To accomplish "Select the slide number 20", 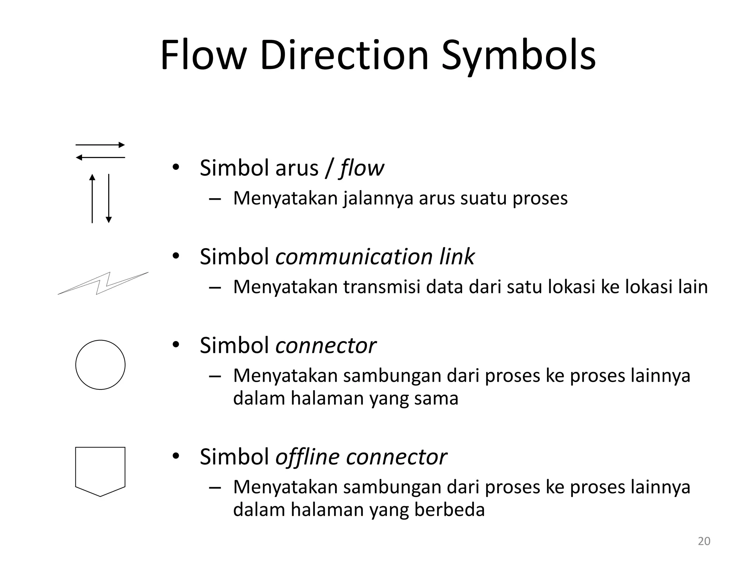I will click(x=704, y=541).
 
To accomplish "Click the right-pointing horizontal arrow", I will click(x=100, y=145).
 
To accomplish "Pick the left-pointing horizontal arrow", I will click(x=100, y=158).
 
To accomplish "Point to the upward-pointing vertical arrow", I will click(x=92, y=199).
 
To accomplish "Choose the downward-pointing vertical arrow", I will click(x=109, y=199).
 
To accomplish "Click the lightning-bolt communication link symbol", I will click(x=103, y=283).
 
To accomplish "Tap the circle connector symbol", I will click(x=100, y=365).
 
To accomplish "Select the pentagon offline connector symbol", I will click(x=100, y=471).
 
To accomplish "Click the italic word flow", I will click(x=362, y=168).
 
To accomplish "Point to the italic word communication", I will click(x=354, y=257).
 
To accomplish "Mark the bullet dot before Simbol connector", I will click(x=176, y=345).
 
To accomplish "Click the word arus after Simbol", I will click(x=296, y=168).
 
